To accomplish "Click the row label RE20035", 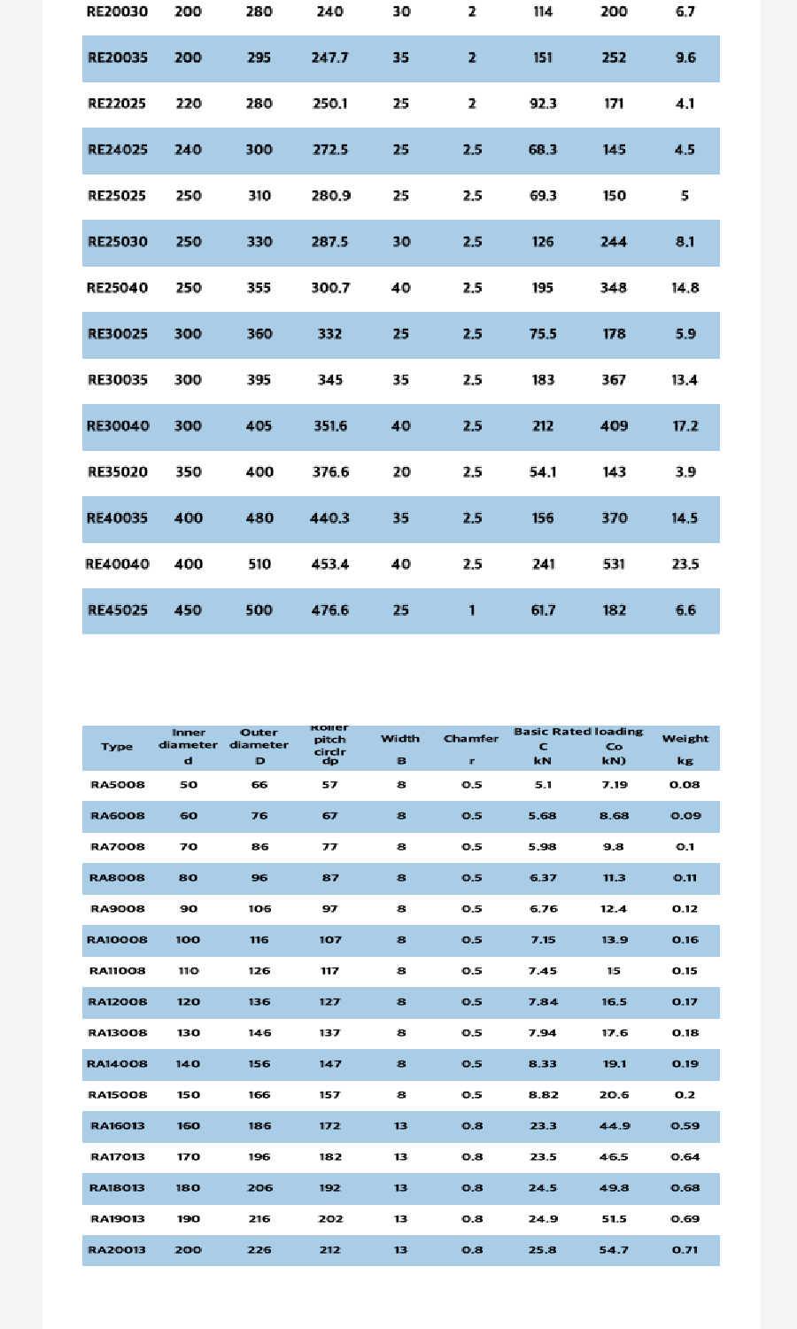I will [x=118, y=58].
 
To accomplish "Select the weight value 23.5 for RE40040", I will [x=685, y=564].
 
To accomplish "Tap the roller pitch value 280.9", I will [x=330, y=196].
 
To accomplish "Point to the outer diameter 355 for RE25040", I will [x=259, y=288].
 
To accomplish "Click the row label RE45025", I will [x=118, y=610].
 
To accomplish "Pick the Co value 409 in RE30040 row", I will [x=614, y=426].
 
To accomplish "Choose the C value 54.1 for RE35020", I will [x=543, y=472].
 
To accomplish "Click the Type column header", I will [x=117, y=747].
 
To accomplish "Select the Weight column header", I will [x=685, y=739].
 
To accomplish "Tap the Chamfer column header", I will [x=471, y=739].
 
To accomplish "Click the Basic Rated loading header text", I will [x=578, y=732].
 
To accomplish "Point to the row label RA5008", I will [x=118, y=785].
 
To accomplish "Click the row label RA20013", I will [x=117, y=1250].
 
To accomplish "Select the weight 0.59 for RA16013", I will [x=685, y=1126].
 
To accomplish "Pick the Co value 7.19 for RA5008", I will [x=614, y=785].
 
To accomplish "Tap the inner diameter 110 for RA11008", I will [x=188, y=971].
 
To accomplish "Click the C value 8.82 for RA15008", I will [x=543, y=1095].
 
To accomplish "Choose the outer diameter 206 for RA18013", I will [x=259, y=1188].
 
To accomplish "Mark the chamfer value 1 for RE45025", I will [x=471, y=610].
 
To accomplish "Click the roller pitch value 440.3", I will [x=330, y=518].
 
